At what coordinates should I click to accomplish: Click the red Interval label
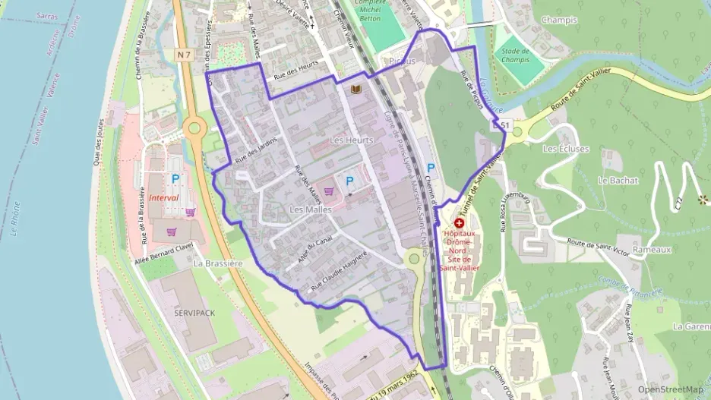click(x=163, y=197)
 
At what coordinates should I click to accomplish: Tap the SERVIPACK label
click(x=194, y=313)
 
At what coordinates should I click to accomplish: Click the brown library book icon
click(x=355, y=90)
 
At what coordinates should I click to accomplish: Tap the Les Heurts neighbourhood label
click(x=352, y=141)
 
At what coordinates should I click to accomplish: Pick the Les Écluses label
click(x=566, y=149)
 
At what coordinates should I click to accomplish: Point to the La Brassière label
click(x=217, y=263)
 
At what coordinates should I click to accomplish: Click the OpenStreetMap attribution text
click(x=670, y=389)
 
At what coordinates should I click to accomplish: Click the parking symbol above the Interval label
click(x=175, y=179)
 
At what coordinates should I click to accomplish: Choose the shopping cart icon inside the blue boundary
click(x=329, y=191)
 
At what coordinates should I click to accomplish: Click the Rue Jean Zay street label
click(x=630, y=323)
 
